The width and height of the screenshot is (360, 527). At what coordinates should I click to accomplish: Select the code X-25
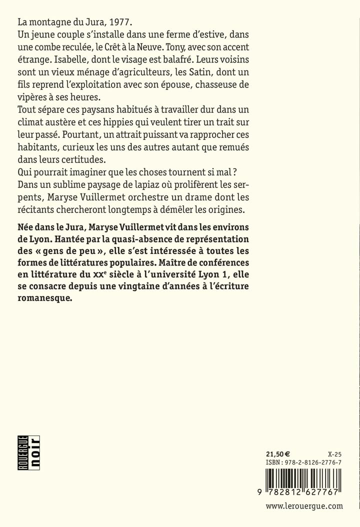334,454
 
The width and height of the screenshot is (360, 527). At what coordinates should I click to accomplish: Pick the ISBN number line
303,463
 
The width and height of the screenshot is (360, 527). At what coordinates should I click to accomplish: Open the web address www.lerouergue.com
304,506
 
